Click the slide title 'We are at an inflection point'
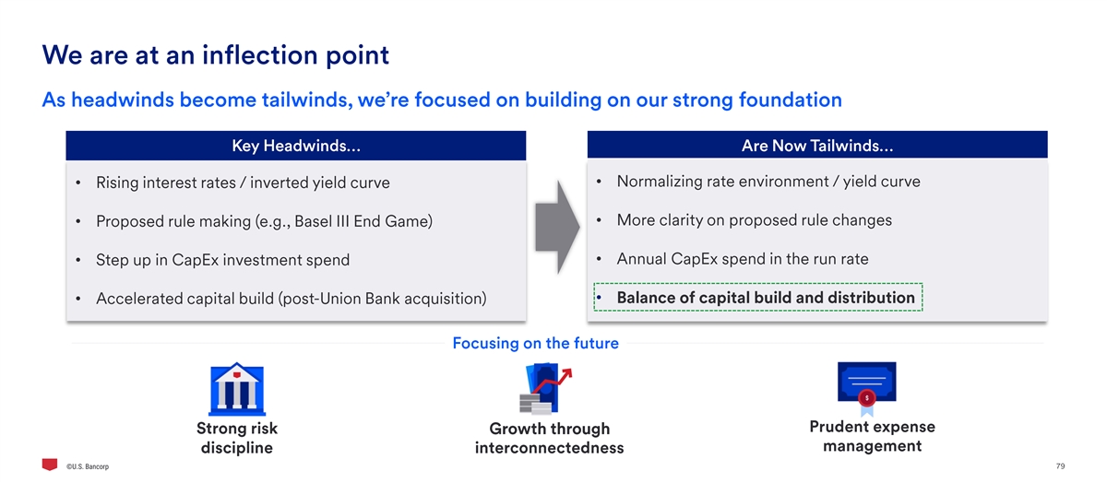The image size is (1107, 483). (216, 55)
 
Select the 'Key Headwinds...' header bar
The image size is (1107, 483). (295, 146)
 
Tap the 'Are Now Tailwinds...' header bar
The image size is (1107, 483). (817, 145)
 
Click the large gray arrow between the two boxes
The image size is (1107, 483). (557, 227)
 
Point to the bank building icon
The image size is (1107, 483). (237, 389)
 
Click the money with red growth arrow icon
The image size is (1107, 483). (545, 389)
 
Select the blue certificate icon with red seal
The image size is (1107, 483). (867, 389)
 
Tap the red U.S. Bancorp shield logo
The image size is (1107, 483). (50, 465)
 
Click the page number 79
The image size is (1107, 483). (1060, 466)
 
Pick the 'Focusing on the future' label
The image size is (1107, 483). (535, 343)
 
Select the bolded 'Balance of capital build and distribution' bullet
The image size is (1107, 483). (766, 298)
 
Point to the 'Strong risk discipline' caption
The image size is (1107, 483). (237, 438)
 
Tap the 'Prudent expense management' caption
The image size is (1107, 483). (873, 436)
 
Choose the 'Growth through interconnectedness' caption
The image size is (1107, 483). (549, 438)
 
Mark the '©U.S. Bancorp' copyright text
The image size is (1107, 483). (88, 466)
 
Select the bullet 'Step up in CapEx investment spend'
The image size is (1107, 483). (222, 260)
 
